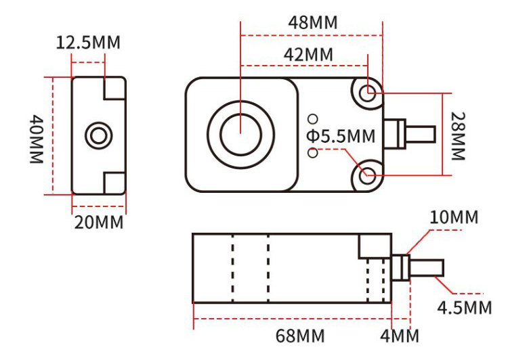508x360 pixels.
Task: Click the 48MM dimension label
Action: [312, 21]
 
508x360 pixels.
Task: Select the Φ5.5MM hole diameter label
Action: [340, 137]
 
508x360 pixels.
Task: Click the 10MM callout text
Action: [453, 218]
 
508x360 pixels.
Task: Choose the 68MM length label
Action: [296, 336]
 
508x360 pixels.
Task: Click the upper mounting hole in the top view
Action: [368, 93]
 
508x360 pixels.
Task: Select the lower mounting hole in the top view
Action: [368, 175]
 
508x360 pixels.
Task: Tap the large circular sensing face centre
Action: [242, 133]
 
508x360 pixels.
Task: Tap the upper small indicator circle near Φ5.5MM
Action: [312, 118]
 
